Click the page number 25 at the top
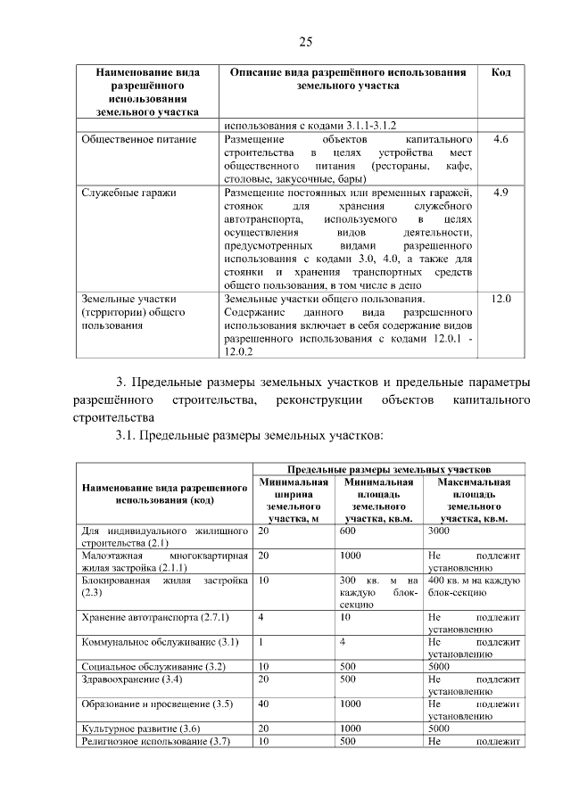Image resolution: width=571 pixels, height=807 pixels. pos(304,41)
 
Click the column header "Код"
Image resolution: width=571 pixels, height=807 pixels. pos(501,71)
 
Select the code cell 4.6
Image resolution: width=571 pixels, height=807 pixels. pos(501,141)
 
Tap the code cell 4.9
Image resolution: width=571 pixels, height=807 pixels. pos(501,192)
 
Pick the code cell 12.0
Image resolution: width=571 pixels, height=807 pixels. pos(501,298)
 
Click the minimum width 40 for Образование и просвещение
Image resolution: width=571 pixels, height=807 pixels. pos(264,704)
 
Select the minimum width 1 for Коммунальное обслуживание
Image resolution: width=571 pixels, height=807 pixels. pos(261,641)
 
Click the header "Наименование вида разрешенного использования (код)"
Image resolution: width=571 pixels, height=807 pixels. pos(164,495)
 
